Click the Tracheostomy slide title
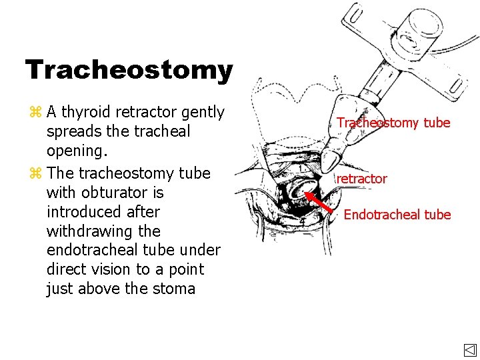click(129, 70)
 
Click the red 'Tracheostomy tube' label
click(393, 123)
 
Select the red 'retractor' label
click(361, 179)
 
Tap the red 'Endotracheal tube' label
click(397, 215)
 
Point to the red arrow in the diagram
click(318, 203)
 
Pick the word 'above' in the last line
click(97, 289)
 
